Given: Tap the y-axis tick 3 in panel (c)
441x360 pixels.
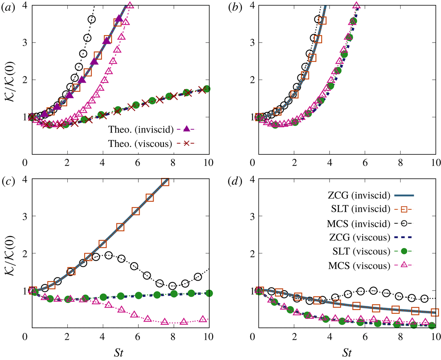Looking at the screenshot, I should tap(21, 216).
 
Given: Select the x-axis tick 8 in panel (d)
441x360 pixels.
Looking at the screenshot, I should tap(400, 337).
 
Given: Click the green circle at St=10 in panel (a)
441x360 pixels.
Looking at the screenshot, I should tap(207, 89).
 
